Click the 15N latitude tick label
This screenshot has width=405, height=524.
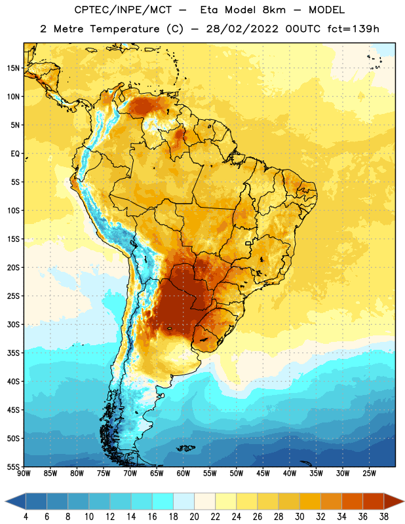coord(13,68)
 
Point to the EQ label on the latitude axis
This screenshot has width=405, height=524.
coord(15,154)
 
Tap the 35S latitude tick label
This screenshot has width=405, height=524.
coord(13,353)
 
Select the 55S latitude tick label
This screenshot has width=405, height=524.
coord(13,467)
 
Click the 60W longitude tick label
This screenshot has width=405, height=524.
coord(183,473)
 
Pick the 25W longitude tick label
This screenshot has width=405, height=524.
coord(369,473)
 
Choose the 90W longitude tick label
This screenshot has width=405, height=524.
coord(24,473)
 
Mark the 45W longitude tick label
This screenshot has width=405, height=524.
coord(263,473)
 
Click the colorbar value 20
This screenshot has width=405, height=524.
coord(194,517)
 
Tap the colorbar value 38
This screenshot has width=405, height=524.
coord(384,517)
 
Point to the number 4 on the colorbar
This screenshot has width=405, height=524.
coord(26,517)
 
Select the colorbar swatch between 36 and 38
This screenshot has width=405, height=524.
coord(374,501)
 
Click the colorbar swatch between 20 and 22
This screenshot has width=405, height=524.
coord(204,501)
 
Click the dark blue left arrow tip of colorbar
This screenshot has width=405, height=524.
coord(5,501)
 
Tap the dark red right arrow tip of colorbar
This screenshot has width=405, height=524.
coord(404,501)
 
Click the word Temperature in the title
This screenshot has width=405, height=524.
coord(125,29)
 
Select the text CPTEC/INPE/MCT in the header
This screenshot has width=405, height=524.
coord(123,10)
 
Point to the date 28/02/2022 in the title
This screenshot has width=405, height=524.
coord(242,29)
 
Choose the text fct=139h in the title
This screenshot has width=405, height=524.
coord(353,29)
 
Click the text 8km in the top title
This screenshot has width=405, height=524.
coord(274,10)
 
